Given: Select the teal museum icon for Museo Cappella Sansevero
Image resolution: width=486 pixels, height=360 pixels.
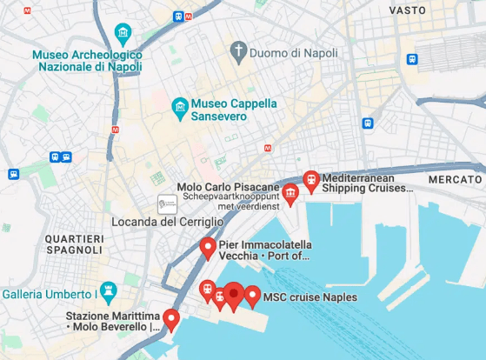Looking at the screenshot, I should [180, 109].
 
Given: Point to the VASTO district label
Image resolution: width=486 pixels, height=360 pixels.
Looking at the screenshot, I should [407, 10].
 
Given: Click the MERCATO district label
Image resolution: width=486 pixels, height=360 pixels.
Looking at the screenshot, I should [455, 178].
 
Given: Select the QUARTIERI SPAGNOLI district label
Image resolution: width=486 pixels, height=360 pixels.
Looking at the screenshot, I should [75, 243].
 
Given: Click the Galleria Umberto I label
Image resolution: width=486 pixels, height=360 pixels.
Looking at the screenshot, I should [48, 295].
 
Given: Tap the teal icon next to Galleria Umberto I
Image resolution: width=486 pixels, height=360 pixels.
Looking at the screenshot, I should [107, 290].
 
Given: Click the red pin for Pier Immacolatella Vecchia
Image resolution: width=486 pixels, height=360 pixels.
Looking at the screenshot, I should [208, 248].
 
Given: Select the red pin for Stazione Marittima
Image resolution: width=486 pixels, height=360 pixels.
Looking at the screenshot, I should [171, 319].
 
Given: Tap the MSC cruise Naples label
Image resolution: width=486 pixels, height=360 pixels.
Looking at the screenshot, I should [310, 297].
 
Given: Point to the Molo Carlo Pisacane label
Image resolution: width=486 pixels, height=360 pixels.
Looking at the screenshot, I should [228, 187].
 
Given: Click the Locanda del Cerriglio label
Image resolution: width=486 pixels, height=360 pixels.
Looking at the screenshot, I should [162, 222].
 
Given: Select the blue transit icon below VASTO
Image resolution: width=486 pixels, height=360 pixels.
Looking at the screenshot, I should [412, 59].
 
